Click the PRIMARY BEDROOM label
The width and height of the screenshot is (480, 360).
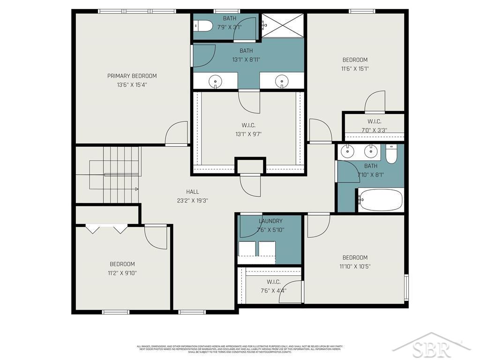click(x=132, y=76)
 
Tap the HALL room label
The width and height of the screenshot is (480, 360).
click(x=192, y=192)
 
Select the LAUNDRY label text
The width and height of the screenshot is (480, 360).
click(x=270, y=221)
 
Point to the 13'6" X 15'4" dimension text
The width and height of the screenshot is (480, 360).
click(x=132, y=85)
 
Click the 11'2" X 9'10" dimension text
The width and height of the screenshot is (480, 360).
click(x=122, y=273)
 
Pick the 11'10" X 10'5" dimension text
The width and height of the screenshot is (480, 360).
click(x=355, y=266)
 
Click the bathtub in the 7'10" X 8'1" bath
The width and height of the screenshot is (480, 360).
click(x=380, y=200)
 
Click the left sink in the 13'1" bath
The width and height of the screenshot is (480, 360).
click(x=215, y=81)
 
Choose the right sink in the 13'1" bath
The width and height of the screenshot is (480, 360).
click(x=282, y=81)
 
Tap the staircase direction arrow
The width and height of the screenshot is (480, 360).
click(x=136, y=189)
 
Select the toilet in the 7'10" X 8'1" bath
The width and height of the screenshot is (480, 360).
click(x=391, y=154)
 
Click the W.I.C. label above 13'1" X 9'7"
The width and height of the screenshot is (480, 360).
click(x=248, y=125)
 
